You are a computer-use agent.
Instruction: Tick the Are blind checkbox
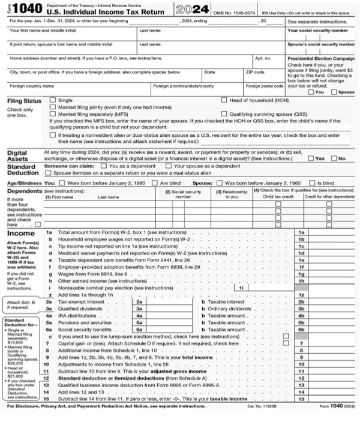click(155, 181)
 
